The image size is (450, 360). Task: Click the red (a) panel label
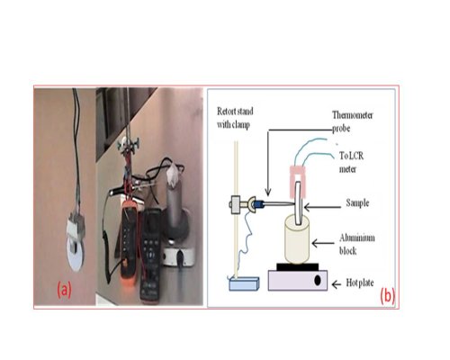point(64,290)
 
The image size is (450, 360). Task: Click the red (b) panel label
point(388,296)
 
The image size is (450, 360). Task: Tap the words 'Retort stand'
point(235,112)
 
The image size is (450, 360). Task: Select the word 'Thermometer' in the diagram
point(353,115)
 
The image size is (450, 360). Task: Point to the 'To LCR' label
point(352,156)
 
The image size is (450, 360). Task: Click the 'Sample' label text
point(357,202)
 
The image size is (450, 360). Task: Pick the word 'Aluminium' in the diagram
point(357,238)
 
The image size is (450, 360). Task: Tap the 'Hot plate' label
point(360,283)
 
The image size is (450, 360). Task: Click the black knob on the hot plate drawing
point(318,281)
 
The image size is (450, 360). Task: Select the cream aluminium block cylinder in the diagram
point(297,239)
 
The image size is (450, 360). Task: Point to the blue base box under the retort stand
point(244,283)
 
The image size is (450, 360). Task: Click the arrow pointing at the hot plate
point(337,284)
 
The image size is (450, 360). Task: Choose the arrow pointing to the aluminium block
point(323,243)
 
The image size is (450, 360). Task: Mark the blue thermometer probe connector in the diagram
point(257,204)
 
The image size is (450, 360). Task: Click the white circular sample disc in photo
point(76,253)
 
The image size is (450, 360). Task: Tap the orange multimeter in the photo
point(130,242)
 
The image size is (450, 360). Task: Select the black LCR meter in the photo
point(151,256)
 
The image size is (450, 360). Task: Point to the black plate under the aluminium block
point(297,266)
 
